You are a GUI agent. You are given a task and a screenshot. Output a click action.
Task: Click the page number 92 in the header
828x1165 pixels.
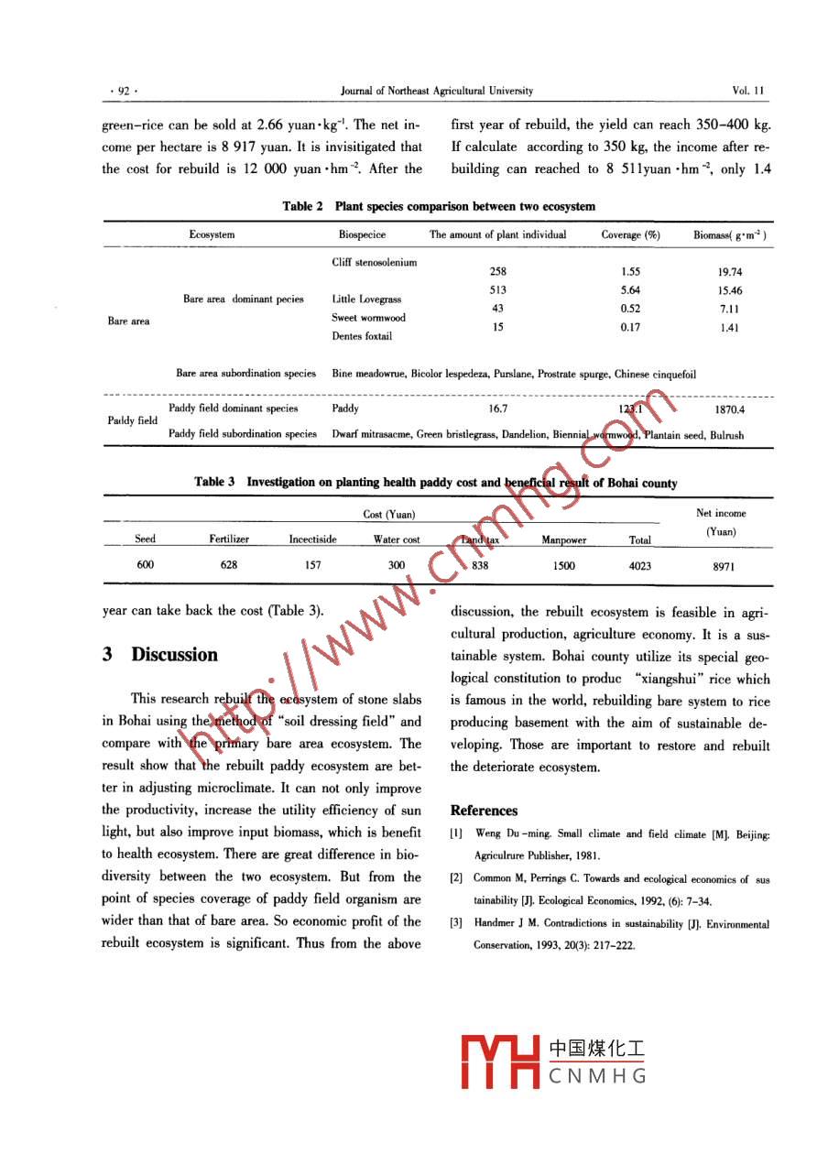[122, 91]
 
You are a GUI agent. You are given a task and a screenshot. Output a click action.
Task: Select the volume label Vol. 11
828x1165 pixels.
[748, 91]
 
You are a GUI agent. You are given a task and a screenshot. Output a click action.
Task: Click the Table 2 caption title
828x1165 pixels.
[439, 206]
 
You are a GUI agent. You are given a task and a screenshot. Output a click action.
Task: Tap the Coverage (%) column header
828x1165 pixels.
[630, 234]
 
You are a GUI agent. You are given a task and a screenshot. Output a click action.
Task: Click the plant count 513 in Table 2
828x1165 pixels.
[498, 290]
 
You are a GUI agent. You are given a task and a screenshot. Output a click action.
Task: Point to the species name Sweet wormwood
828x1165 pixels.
[368, 318]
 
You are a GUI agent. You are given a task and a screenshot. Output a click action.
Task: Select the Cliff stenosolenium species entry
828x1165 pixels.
[374, 263]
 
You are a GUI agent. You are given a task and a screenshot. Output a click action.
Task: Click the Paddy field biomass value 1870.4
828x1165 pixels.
[729, 409]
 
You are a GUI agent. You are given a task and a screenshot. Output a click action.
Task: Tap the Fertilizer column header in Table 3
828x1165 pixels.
[229, 539]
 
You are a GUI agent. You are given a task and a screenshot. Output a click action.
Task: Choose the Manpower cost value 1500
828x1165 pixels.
[564, 566]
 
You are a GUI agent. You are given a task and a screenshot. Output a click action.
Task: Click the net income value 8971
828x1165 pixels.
[723, 567]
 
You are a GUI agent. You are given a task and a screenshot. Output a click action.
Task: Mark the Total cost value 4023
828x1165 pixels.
[640, 566]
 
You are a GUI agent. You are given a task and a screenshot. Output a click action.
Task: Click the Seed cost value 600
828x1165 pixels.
[145, 565]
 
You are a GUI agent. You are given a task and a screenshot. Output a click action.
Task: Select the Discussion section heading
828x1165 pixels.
[159, 655]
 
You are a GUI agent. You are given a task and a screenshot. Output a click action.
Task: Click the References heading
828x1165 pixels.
[484, 811]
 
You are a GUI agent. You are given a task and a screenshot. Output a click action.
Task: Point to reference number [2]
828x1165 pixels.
[455, 879]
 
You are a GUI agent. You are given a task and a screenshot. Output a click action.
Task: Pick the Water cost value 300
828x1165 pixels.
[396, 566]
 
